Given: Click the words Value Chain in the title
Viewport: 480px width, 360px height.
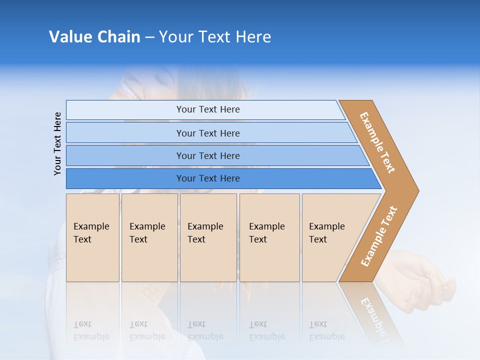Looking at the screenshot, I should point(94,37).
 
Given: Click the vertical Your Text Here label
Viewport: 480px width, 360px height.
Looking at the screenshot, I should point(57,143).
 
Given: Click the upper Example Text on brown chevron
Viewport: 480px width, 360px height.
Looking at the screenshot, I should point(377,142).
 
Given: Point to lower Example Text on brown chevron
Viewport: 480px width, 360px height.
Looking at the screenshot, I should point(379,236).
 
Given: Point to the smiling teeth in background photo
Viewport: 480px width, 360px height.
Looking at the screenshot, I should point(127,91).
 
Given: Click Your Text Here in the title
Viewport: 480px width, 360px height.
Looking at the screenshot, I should point(214,37).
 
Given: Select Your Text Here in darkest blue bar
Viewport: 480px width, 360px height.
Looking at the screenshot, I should point(208,178).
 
